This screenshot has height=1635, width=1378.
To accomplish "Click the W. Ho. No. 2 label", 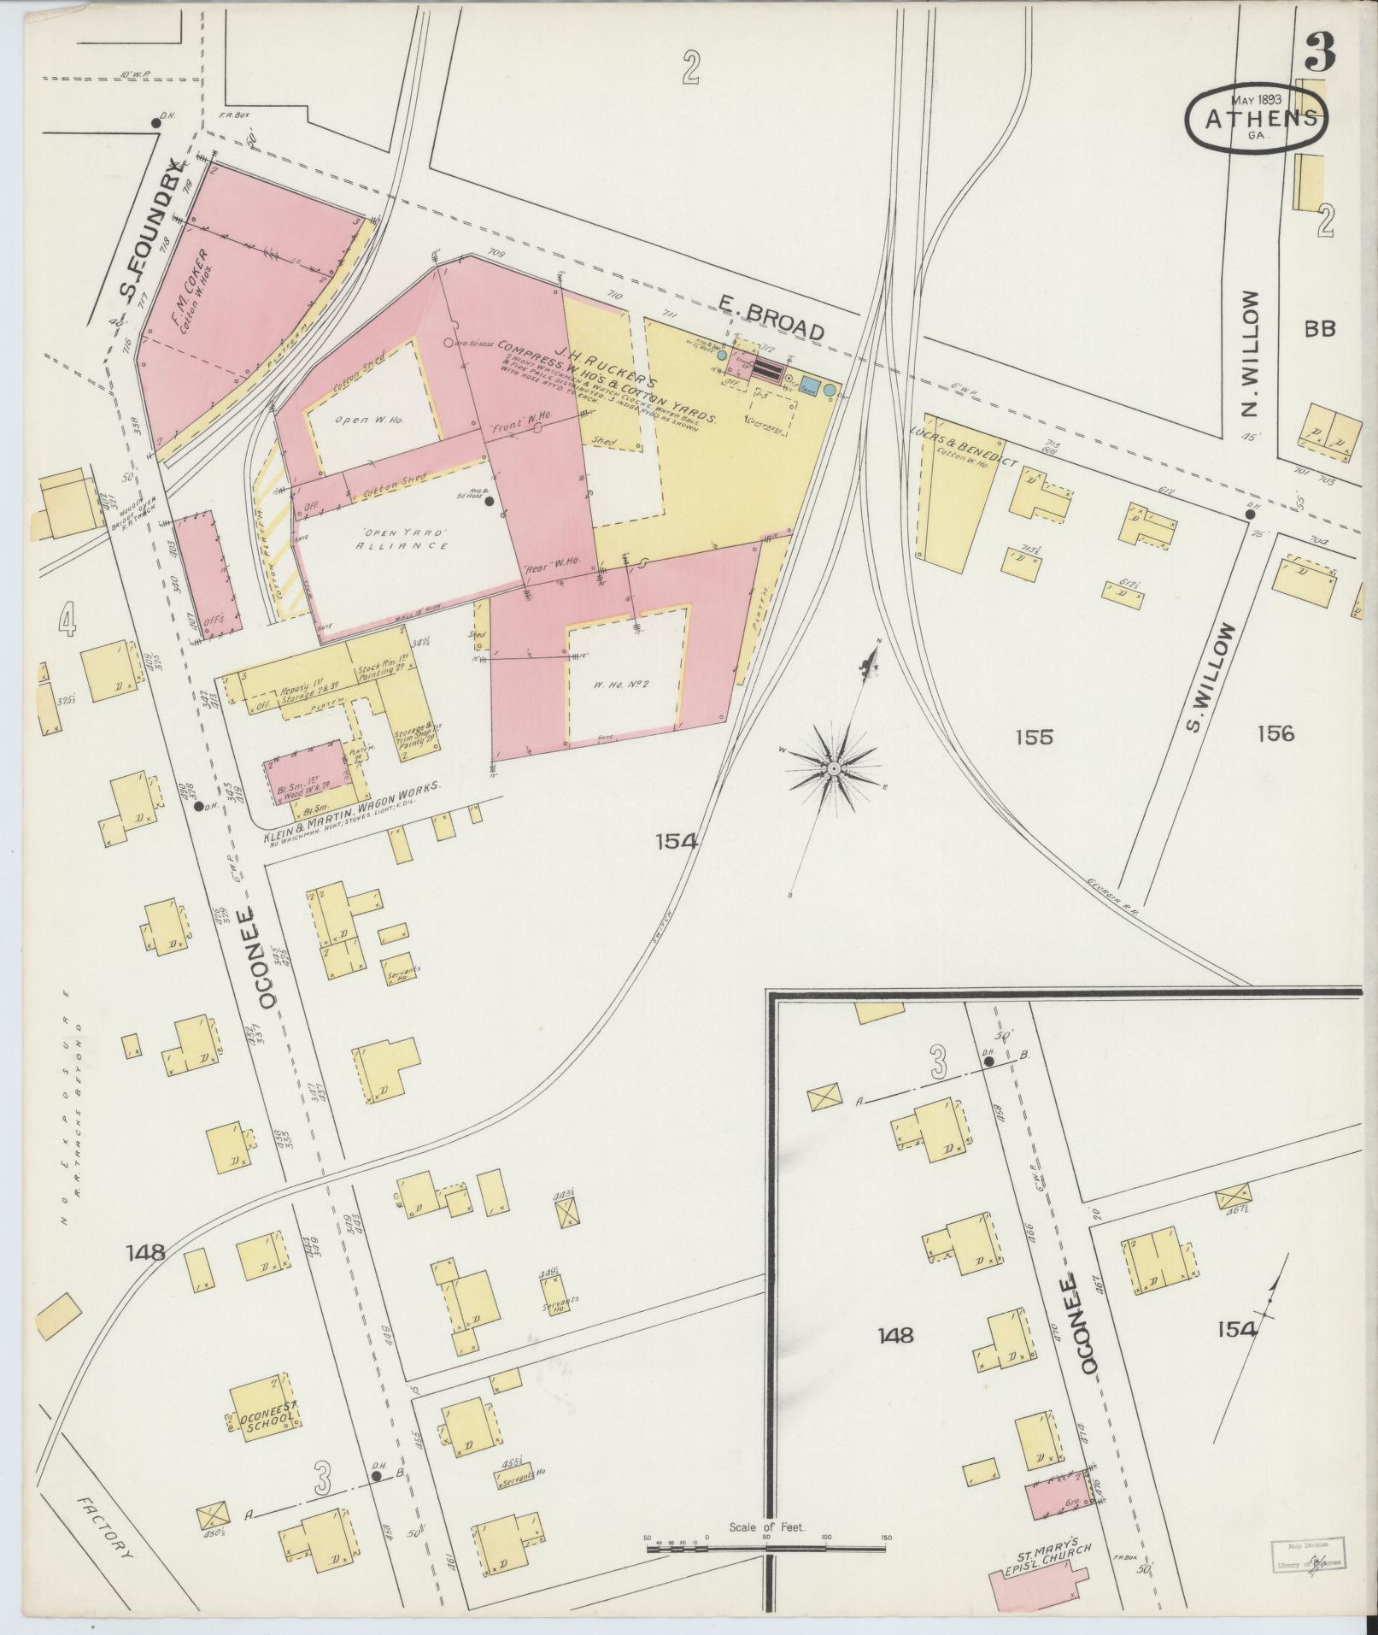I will [629, 683].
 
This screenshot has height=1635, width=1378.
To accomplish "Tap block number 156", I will [1275, 733].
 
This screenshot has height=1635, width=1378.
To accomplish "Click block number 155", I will [1035, 736].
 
